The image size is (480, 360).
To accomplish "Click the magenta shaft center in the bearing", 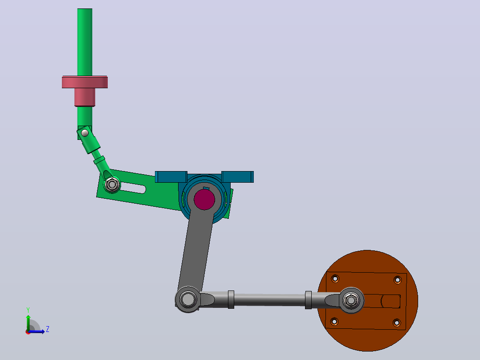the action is [204, 199].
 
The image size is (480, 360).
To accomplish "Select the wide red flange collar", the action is [85, 82].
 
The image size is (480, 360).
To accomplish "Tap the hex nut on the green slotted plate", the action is [112, 184].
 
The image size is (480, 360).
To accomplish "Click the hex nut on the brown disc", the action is [351, 300].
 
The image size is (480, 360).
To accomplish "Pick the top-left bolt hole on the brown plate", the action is [335, 279].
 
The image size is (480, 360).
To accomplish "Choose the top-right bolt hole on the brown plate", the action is [397, 280].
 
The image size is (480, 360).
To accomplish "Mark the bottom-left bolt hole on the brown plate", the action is [334, 321].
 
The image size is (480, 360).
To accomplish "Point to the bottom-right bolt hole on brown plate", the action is [397, 322].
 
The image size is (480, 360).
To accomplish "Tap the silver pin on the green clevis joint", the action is [85, 133].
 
